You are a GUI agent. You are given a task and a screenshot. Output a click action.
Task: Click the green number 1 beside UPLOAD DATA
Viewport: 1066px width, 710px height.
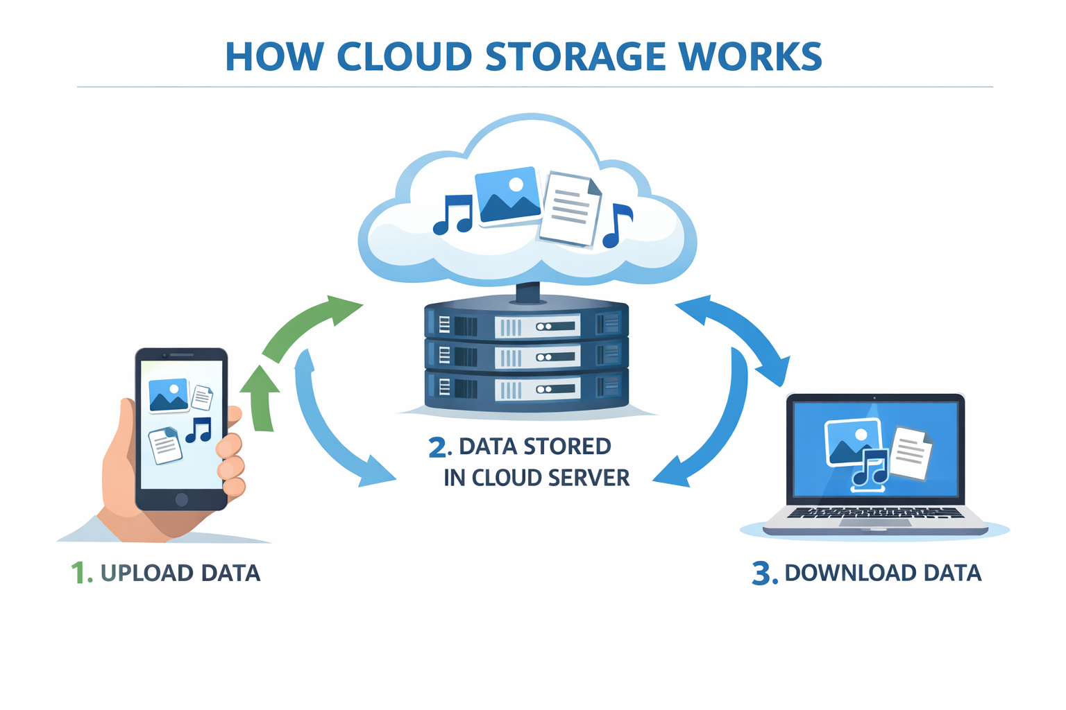(x=80, y=573)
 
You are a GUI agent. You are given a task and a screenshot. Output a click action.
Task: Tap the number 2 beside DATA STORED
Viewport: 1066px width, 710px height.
(x=439, y=448)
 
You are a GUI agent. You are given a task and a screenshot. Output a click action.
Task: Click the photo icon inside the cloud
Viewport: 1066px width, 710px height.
(x=508, y=196)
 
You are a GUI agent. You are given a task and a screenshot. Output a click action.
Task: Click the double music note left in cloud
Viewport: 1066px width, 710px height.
(x=453, y=215)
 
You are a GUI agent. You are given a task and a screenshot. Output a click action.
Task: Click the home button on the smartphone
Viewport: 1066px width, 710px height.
(x=182, y=499)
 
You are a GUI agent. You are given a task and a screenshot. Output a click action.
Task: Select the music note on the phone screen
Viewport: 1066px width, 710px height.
(x=199, y=430)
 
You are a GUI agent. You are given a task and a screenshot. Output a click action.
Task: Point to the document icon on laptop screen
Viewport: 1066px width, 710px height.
(x=911, y=452)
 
